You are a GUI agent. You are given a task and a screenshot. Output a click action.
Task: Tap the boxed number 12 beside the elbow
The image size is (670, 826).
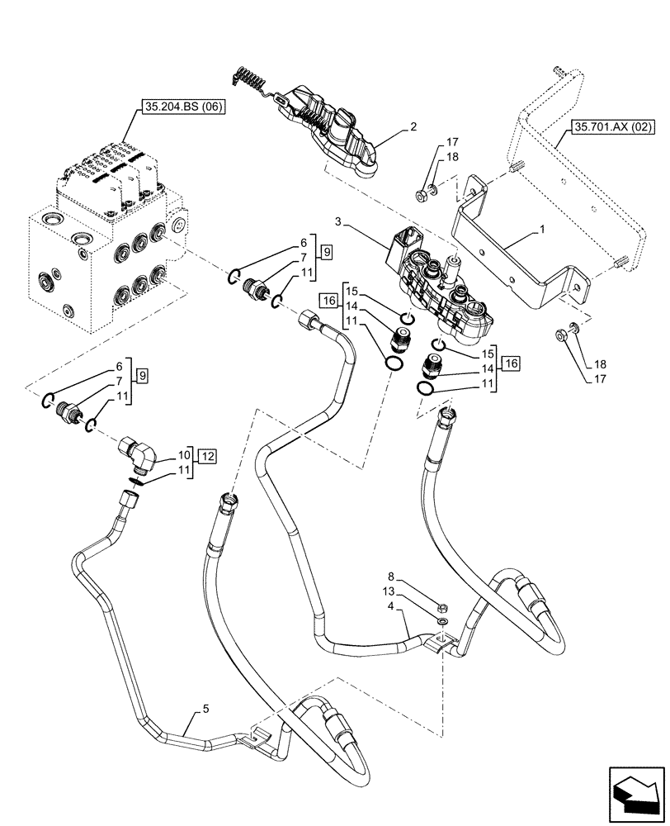click(x=207, y=456)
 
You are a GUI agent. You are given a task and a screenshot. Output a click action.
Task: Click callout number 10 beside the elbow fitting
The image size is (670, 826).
click(x=182, y=455)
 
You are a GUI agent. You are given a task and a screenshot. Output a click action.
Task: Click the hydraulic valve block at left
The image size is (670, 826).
click(x=99, y=256)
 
